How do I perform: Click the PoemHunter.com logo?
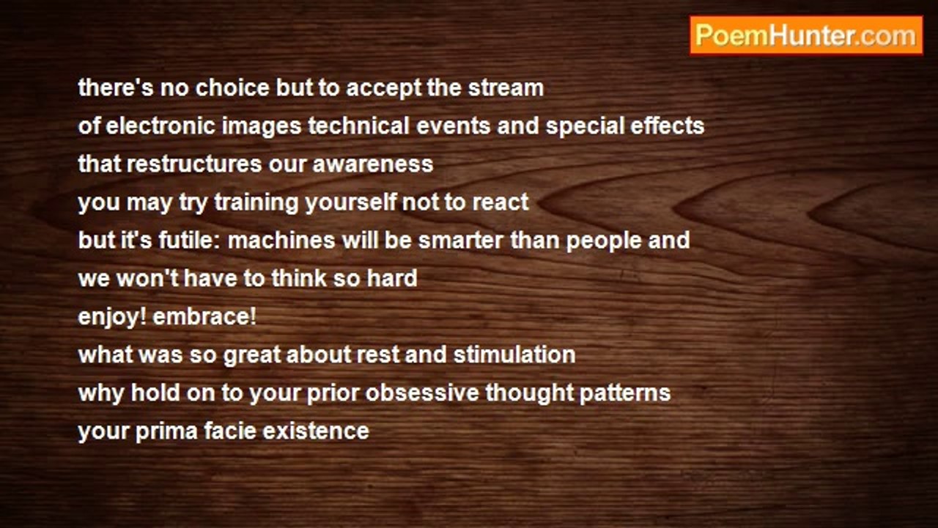(806, 36)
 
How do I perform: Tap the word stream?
(506, 88)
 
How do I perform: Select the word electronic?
(160, 126)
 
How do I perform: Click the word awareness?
(373, 164)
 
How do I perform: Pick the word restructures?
(194, 164)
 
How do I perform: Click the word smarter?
(461, 241)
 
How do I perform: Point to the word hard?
(392, 279)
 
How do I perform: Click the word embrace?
(204, 317)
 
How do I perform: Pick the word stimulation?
(514, 355)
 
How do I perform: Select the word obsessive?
(421, 393)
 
